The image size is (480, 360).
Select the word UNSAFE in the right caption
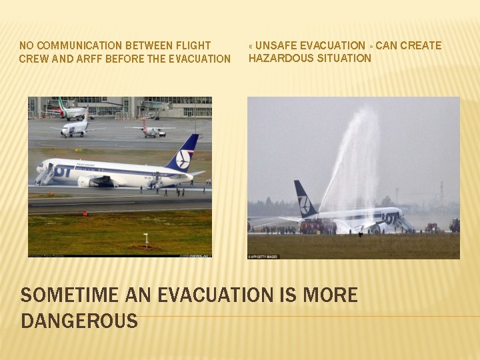[277, 45]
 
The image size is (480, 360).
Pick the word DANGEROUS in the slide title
[79, 321]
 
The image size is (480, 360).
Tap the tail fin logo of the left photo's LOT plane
[183, 158]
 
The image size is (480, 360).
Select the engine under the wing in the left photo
[89, 181]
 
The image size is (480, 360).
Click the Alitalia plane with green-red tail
[71, 111]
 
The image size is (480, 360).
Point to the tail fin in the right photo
[305, 199]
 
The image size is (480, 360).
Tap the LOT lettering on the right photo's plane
[390, 216]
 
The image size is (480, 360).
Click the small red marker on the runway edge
[84, 213]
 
